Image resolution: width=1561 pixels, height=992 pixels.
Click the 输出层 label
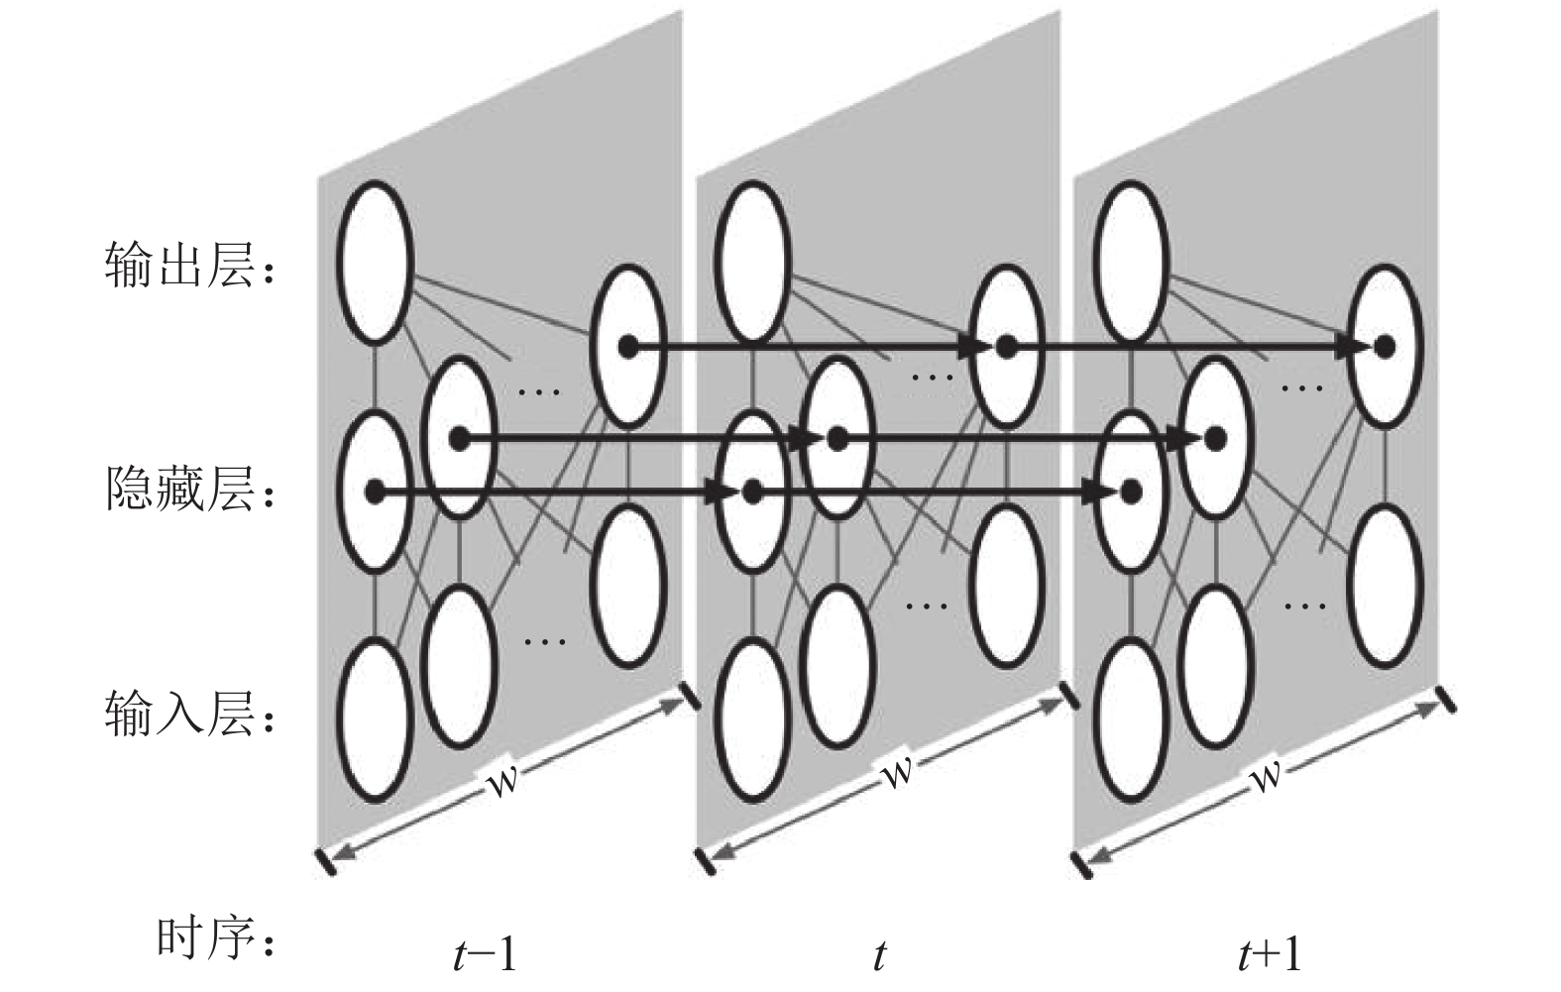click(x=179, y=266)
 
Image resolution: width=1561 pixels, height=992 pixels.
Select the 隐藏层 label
click(x=179, y=489)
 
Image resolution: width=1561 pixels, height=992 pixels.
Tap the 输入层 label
click(x=179, y=714)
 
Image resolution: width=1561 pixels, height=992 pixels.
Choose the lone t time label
click(x=879, y=954)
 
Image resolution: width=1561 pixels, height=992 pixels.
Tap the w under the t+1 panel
click(x=1266, y=774)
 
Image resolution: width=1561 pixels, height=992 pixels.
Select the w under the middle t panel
click(x=898, y=773)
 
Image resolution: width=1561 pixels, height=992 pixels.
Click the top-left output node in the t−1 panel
click(x=375, y=263)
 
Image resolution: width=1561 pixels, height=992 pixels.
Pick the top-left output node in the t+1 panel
click(x=1131, y=263)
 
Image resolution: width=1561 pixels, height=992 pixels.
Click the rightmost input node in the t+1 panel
click(x=1385, y=587)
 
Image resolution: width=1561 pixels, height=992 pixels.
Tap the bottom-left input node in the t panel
click(x=753, y=720)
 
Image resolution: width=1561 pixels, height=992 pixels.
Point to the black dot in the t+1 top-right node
click(x=1385, y=346)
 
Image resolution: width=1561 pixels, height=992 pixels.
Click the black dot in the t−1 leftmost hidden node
click(x=375, y=492)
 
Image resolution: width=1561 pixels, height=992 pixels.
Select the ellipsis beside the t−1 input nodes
click(x=544, y=641)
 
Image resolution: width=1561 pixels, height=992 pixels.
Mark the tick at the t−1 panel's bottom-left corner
click(x=325, y=861)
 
